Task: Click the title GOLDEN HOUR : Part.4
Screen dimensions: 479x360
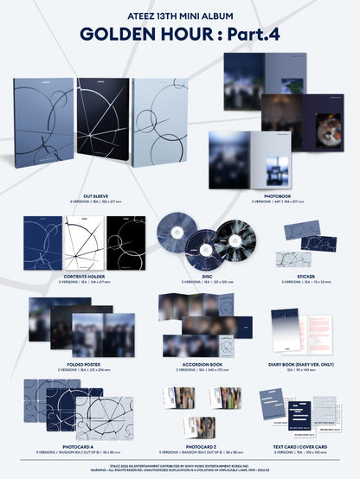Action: (180, 35)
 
